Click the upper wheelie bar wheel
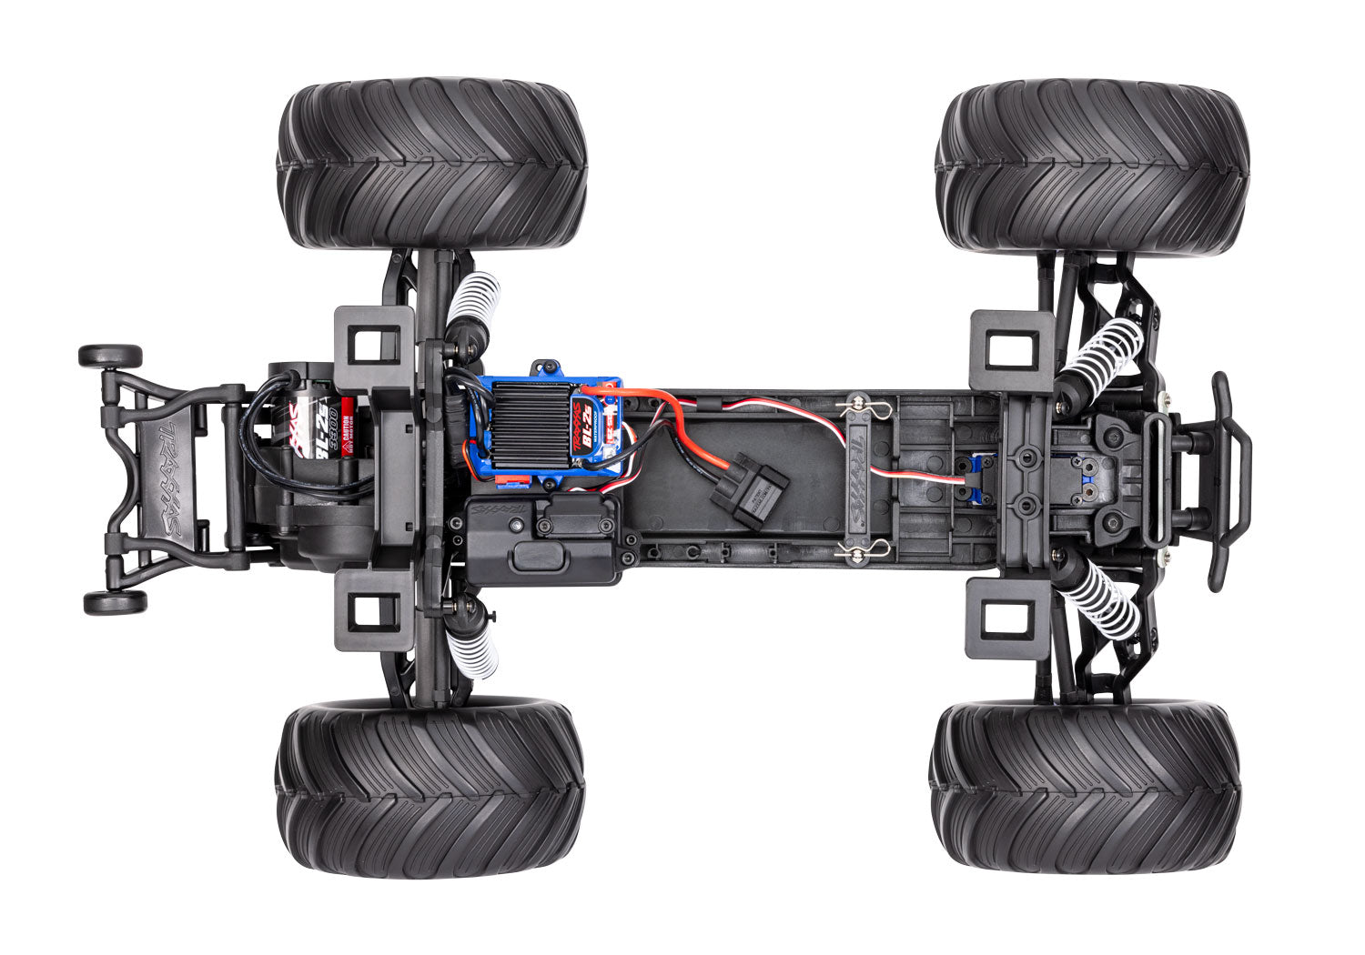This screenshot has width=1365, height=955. point(110,356)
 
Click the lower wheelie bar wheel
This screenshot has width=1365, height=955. point(115,602)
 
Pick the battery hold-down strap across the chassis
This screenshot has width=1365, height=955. point(861,480)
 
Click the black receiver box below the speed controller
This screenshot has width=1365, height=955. point(543,543)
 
